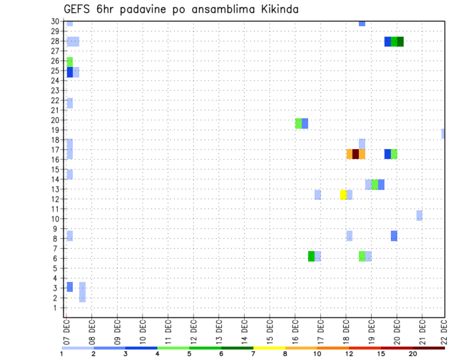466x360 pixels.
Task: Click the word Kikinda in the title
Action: click(x=274, y=9)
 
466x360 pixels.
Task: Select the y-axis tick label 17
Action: click(x=55, y=149)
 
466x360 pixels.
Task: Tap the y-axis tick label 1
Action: click(x=57, y=308)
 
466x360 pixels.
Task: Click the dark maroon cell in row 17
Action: click(x=355, y=154)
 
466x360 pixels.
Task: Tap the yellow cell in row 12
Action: click(x=343, y=195)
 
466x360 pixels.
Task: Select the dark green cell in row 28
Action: click(x=400, y=42)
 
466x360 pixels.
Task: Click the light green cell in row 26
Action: click(x=70, y=62)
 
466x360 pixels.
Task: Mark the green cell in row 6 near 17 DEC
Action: click(x=311, y=256)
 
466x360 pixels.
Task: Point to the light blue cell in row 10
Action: click(x=419, y=215)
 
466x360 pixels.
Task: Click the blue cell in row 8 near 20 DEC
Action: click(x=394, y=236)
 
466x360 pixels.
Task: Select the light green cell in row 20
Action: click(x=299, y=123)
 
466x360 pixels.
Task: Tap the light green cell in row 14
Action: click(x=375, y=184)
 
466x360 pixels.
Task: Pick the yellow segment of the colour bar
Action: click(x=269, y=348)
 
